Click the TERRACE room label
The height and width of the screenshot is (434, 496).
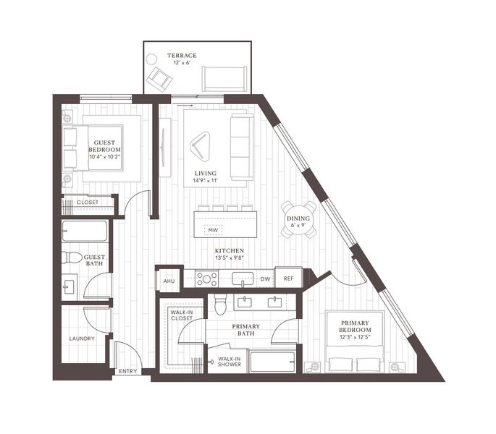182,56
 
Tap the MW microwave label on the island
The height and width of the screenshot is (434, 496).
213,230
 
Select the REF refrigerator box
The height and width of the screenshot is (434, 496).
288,278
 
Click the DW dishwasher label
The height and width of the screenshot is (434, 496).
266,279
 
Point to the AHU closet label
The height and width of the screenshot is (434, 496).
169,281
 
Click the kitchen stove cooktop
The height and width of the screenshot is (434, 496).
206,278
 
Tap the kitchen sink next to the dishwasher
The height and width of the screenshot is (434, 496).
243,278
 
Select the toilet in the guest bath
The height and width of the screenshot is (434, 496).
72,258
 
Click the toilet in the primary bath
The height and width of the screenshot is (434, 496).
220,305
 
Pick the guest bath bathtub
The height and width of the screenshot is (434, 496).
85,231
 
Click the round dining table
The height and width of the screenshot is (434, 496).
298,219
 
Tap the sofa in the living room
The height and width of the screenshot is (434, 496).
242,147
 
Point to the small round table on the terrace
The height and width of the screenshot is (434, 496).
151,59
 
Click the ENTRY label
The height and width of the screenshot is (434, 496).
128,371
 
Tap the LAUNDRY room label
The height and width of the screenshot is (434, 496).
82,339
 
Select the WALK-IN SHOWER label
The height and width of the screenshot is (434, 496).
230,361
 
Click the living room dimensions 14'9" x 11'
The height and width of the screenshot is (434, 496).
206,181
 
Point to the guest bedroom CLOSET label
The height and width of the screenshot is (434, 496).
88,203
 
